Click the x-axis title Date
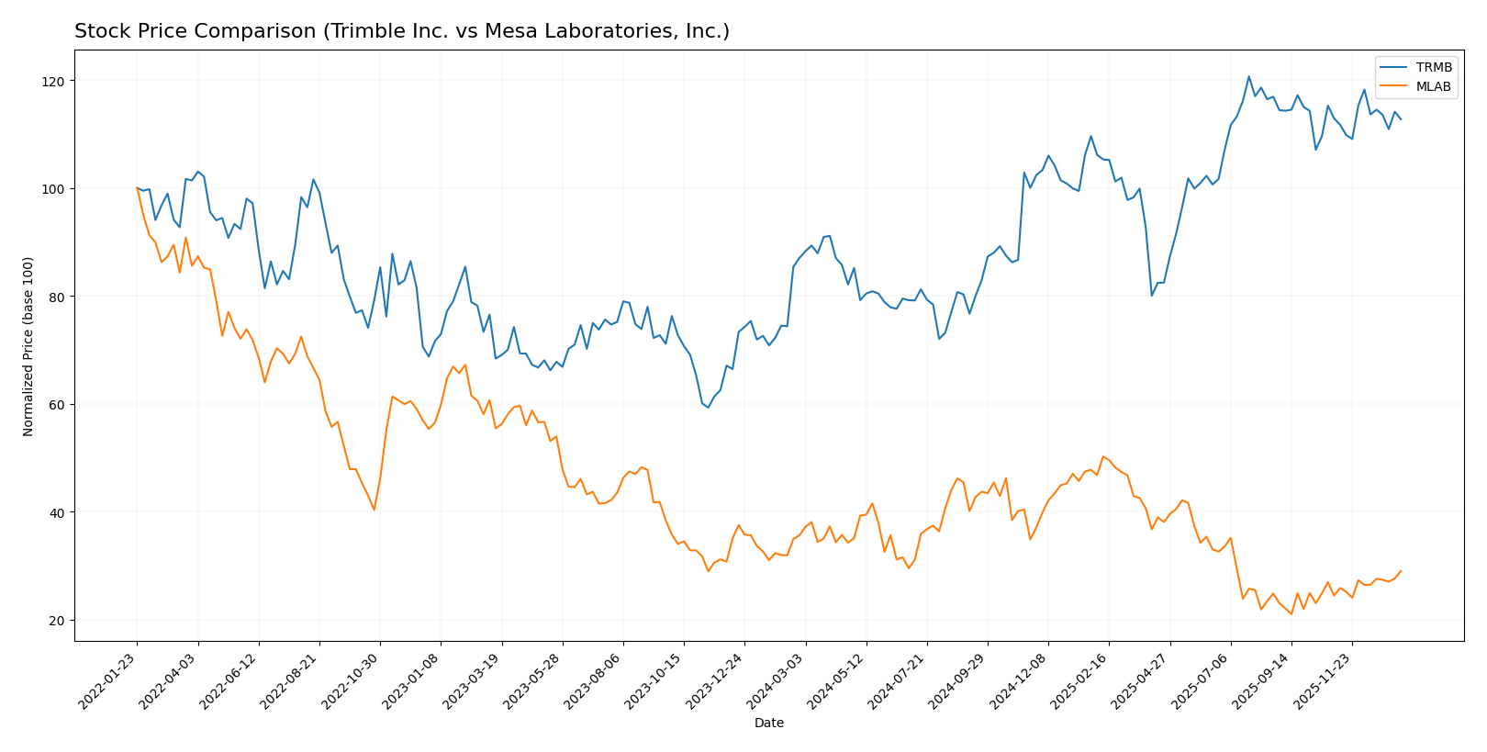(768, 724)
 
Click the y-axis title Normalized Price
(28, 346)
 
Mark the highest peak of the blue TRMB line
(1248, 76)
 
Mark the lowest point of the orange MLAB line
(1291, 614)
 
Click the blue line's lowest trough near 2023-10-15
(708, 408)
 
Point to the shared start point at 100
(137, 188)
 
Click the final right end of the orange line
(1401, 571)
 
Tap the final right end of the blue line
(1401, 119)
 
